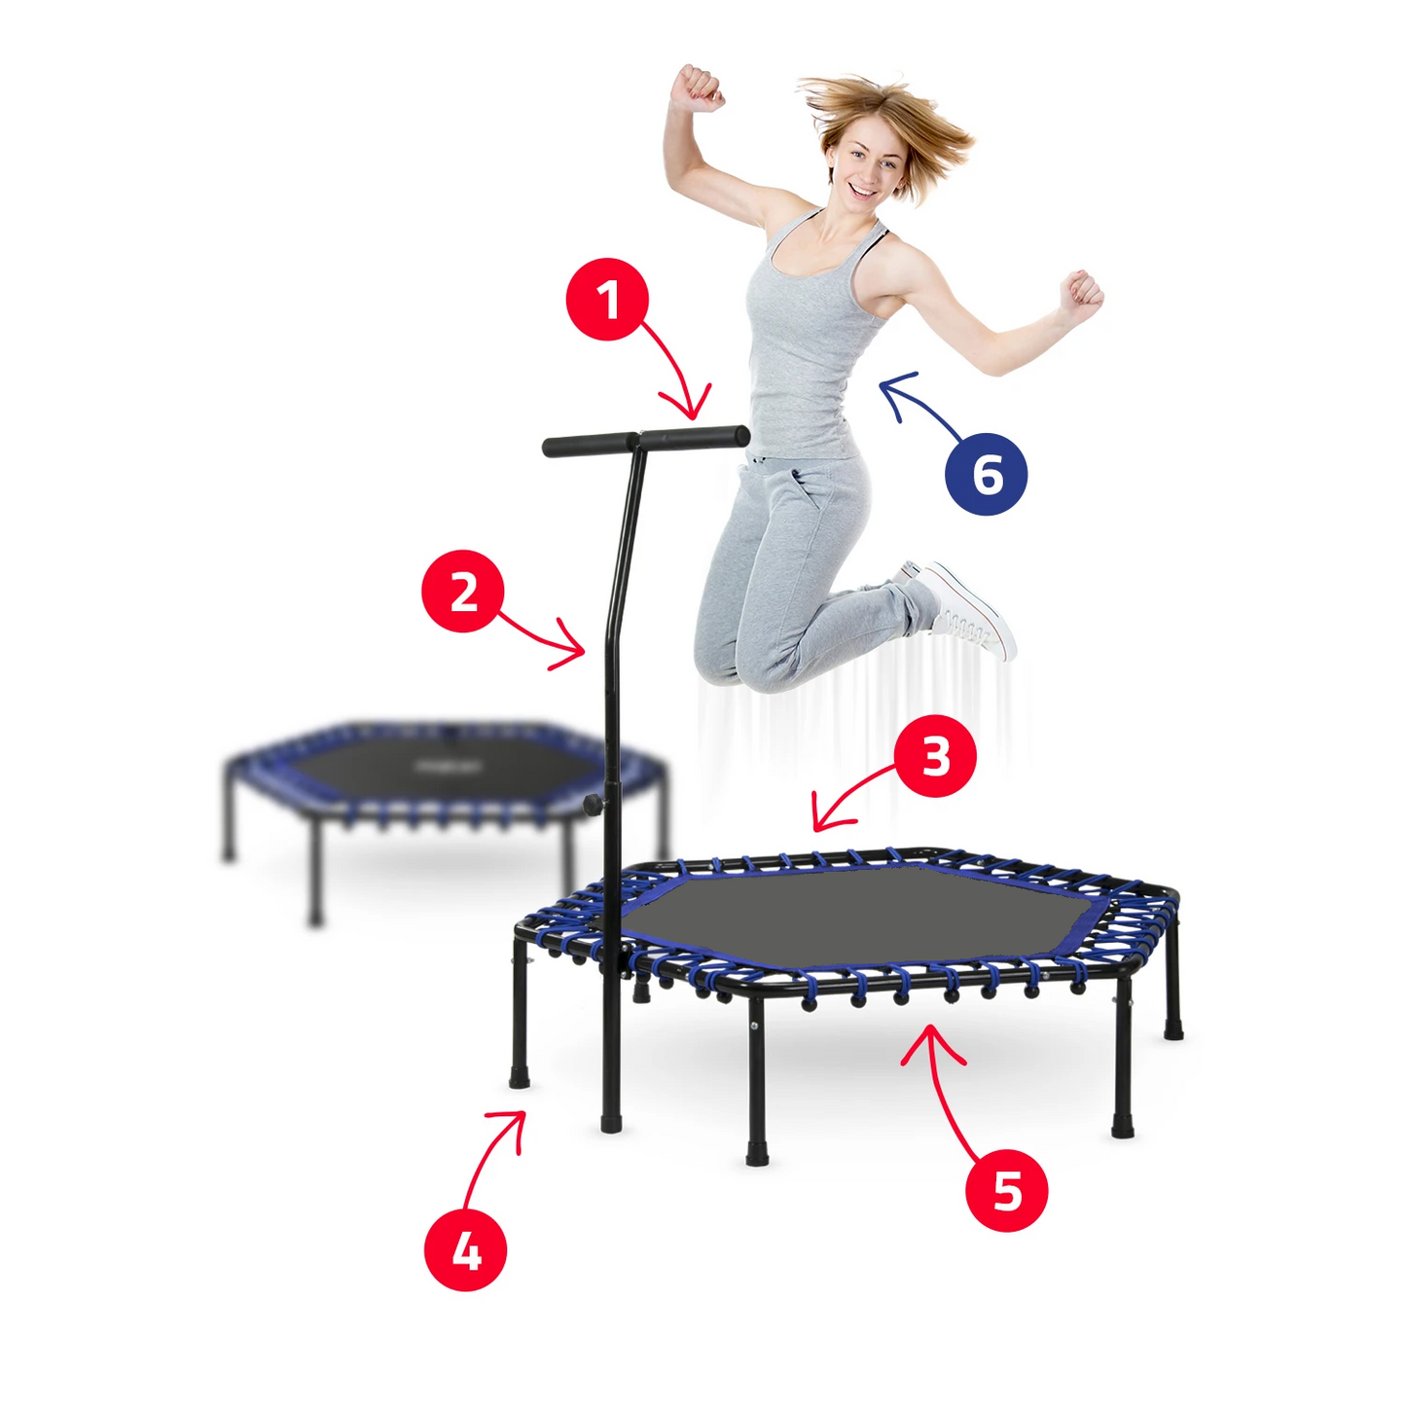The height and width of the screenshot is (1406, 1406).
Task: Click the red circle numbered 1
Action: pos(607,300)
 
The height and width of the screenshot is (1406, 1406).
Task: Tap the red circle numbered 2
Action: pos(463,592)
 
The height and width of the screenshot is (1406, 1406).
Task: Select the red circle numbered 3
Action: pos(935,756)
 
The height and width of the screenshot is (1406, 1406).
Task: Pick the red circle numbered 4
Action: pos(466,1250)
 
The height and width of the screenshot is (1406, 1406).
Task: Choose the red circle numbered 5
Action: pos(1006,1190)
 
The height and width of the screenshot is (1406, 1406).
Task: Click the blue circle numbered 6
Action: pos(986,474)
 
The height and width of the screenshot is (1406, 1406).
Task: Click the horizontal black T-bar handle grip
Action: pos(646,441)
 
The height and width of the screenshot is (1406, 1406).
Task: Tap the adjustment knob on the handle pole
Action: pos(592,804)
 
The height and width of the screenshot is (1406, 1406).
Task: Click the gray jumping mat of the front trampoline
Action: pos(856,915)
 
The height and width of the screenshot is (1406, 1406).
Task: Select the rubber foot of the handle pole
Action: pos(611,1122)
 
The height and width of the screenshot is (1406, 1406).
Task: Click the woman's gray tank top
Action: pos(803,350)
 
